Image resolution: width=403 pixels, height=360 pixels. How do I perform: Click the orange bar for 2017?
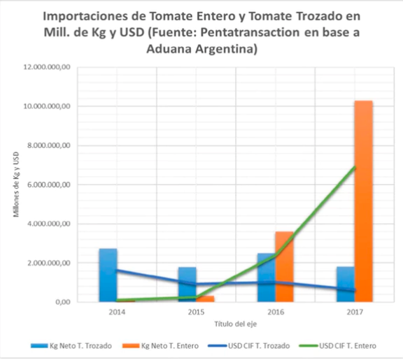click(363, 201)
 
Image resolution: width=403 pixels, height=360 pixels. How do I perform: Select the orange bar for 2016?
click(284, 266)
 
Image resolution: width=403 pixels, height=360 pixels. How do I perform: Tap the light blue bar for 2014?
click(108, 275)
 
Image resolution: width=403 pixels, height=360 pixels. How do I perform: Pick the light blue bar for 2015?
click(188, 285)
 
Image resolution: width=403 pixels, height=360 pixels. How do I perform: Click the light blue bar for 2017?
click(346, 284)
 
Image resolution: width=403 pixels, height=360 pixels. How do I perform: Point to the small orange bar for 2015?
click(205, 298)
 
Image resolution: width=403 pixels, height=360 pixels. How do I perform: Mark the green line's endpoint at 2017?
click(355, 167)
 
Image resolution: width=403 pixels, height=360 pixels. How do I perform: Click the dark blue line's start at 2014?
click(118, 270)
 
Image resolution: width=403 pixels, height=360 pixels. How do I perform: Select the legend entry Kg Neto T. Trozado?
click(71, 346)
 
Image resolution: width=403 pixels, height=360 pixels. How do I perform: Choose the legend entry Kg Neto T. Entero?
click(160, 346)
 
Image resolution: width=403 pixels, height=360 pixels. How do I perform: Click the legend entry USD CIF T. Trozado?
click(249, 346)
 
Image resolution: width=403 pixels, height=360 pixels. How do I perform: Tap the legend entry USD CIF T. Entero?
click(338, 346)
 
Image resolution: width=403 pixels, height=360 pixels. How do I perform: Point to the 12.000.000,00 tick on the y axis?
click(47, 67)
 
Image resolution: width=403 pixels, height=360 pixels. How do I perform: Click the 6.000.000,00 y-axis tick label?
click(48, 185)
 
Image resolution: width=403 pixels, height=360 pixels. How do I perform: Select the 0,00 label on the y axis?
click(63, 302)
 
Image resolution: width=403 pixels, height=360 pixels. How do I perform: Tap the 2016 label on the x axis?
click(276, 312)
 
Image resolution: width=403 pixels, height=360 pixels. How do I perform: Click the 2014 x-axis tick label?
click(117, 312)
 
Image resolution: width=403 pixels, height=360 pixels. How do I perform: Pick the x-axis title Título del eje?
click(236, 324)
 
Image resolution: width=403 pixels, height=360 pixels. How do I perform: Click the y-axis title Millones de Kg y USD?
click(16, 185)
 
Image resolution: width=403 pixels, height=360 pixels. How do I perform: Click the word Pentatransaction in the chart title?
click(250, 32)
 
